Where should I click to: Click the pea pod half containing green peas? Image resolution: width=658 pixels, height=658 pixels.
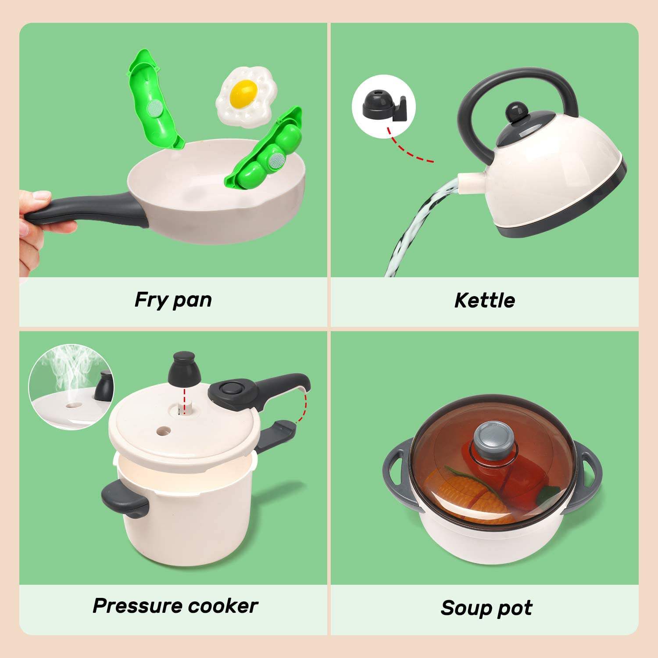(268, 149)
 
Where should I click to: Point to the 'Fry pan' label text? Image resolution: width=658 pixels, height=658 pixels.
(173, 300)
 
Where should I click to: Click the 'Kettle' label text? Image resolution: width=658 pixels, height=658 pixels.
(484, 300)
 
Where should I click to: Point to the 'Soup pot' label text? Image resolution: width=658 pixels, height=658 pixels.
(486, 608)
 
